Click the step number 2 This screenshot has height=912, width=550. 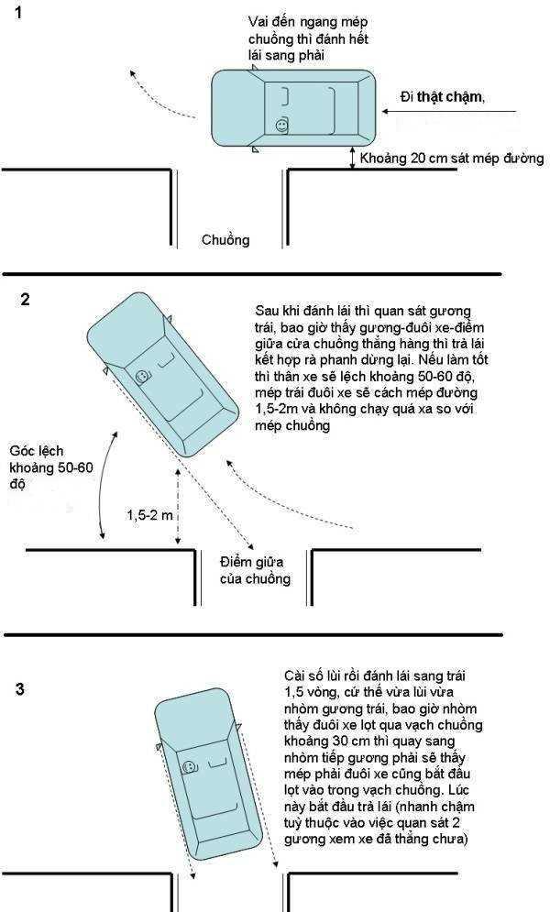click(25, 299)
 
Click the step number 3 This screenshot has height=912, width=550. click(21, 689)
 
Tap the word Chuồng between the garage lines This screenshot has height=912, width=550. click(225, 240)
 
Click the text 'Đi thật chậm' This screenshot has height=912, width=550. click(443, 98)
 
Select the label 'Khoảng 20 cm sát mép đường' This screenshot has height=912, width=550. click(451, 159)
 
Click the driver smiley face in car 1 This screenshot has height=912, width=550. click(281, 124)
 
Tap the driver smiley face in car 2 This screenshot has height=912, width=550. click(142, 377)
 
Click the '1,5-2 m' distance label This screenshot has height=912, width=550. click(148, 515)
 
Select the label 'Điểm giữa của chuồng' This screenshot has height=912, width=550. click(255, 569)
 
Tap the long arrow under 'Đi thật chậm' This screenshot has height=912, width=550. click(449, 113)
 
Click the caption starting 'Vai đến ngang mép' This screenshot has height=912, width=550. click(296, 38)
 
